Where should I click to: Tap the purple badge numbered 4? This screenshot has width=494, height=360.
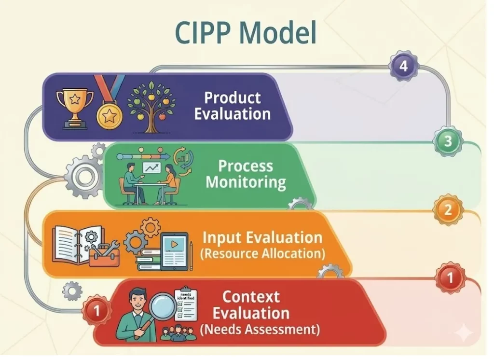pyautogui.click(x=403, y=66)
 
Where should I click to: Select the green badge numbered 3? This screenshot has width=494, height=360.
pyautogui.click(x=448, y=141)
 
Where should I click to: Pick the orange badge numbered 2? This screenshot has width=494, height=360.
pyautogui.click(x=448, y=210)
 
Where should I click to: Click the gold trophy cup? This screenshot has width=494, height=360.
pyautogui.click(x=75, y=106)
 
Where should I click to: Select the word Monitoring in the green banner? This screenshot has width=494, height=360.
pyautogui.click(x=246, y=183)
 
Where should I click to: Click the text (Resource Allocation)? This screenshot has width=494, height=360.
pyautogui.click(x=262, y=253)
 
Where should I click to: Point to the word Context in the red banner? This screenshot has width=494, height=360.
pyautogui.click(x=251, y=296)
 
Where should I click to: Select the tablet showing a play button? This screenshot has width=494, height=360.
pyautogui.click(x=173, y=247)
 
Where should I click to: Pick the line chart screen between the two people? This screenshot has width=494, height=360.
pyautogui.click(x=151, y=168)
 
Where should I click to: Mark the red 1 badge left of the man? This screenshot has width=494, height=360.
pyautogui.click(x=97, y=311)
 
